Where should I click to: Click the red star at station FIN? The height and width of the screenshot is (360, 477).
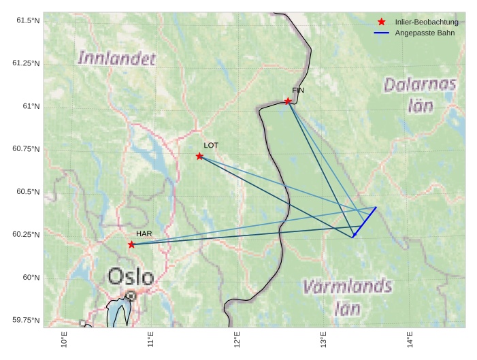(x=288, y=101)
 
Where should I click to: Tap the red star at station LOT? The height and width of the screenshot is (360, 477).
(x=199, y=157)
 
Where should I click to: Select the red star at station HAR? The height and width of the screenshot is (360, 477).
(x=131, y=244)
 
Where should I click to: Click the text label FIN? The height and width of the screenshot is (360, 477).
(x=298, y=91)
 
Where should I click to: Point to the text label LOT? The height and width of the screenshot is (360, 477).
(x=211, y=145)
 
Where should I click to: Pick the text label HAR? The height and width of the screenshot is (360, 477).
(x=144, y=233)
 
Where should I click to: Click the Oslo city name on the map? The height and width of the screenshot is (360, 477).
(x=131, y=276)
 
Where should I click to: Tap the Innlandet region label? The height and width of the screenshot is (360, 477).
(x=117, y=58)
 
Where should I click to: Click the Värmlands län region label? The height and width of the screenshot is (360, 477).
(x=347, y=296)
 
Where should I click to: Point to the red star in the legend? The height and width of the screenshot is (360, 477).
(x=381, y=22)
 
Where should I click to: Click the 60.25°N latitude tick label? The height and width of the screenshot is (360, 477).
(x=26, y=235)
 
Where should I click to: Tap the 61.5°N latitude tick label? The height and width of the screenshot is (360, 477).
(x=26, y=20)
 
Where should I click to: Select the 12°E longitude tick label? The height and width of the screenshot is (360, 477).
(x=235, y=338)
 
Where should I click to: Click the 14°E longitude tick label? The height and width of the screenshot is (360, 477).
(x=408, y=338)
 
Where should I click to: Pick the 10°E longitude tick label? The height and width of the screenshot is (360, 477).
(x=63, y=338)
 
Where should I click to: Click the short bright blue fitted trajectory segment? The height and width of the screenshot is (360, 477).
(x=365, y=222)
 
